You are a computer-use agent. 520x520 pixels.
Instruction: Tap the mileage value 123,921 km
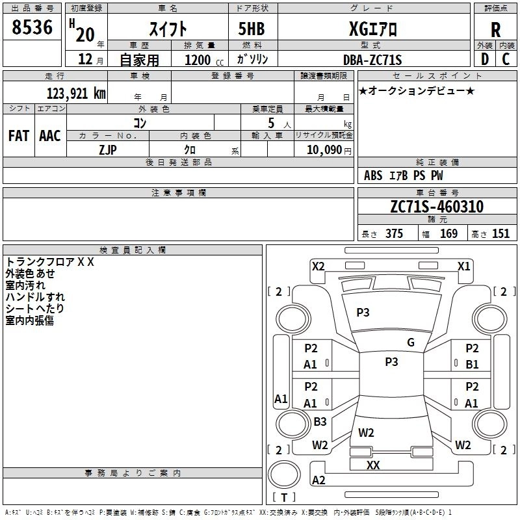(76, 94)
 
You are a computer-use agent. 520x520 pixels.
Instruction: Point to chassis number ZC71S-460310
(436, 207)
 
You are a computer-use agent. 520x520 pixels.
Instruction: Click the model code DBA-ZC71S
(372, 60)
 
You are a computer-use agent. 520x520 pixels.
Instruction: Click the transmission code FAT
(19, 135)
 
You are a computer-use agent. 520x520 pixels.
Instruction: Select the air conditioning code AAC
(49, 135)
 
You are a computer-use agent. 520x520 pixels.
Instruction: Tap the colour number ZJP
(108, 149)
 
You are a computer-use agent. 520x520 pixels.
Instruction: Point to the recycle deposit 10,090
(323, 150)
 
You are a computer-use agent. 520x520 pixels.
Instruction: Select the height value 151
(500, 234)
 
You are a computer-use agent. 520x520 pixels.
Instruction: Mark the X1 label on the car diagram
(463, 266)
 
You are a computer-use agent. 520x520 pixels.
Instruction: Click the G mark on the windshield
(410, 343)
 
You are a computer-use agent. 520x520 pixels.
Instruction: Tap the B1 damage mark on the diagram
(472, 365)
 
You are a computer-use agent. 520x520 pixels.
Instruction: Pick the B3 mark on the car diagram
(320, 422)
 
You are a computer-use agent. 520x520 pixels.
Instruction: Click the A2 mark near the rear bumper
(318, 480)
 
